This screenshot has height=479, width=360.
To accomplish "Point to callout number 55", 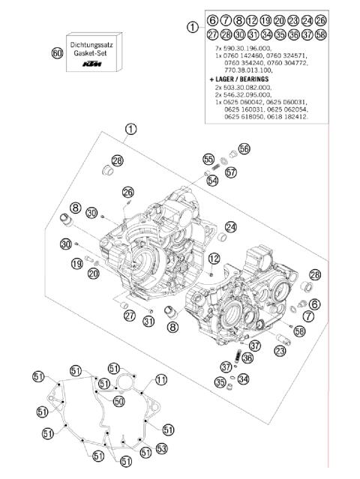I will coord(208,159).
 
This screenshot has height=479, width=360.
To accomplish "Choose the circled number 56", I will coord(244,148).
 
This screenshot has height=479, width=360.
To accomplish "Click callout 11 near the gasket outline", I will coord(160,380).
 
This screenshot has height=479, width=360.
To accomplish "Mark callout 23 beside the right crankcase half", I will coord(280,350).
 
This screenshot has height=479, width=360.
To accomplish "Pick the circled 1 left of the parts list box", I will coord(193,27).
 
